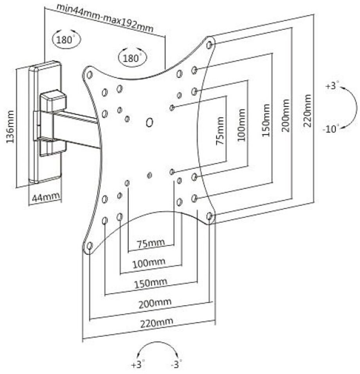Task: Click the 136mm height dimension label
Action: (11, 126)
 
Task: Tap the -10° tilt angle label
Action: (331, 128)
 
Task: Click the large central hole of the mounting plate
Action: (149, 123)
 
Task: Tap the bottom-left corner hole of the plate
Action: (89, 246)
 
